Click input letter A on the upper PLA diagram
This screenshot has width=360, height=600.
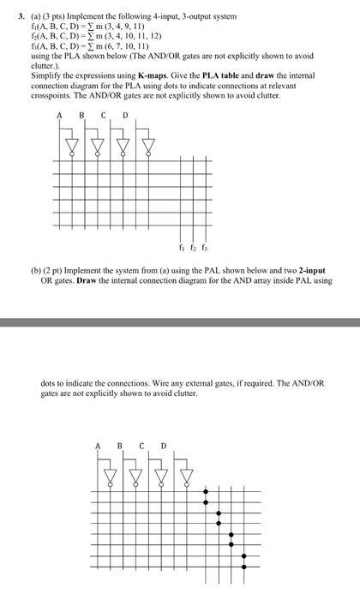[60, 116]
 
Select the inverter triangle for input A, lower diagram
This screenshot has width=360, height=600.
[110, 473]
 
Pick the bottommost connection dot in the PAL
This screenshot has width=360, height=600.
[244, 565]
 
